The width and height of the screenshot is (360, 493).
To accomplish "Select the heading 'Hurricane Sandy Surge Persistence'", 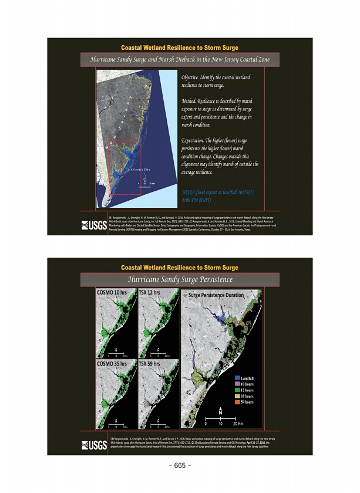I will click(180, 279).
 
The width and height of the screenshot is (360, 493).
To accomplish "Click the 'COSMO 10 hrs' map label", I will click(112, 292).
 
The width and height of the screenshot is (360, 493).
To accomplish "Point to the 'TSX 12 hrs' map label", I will click(150, 292).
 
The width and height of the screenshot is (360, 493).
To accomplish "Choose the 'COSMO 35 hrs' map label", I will click(112, 364).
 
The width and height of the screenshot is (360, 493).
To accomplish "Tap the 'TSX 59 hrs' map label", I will click(150, 364).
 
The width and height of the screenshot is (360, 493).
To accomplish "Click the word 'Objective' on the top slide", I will click(192, 77).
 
